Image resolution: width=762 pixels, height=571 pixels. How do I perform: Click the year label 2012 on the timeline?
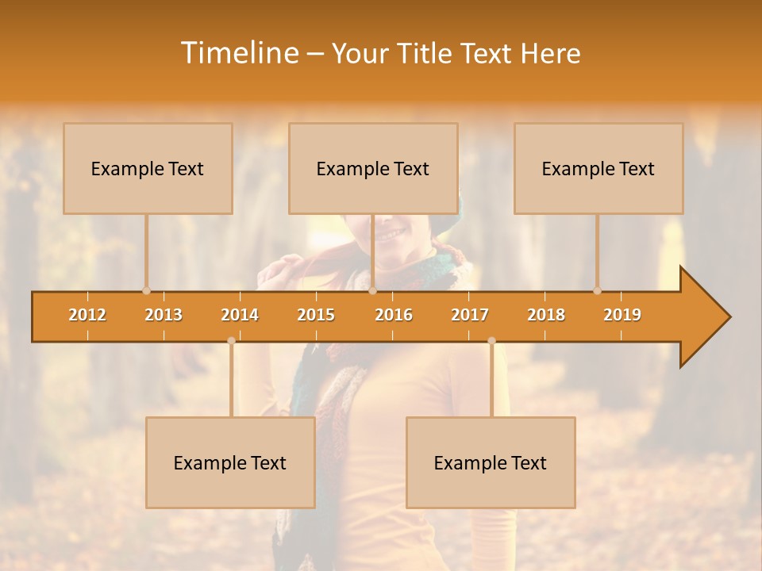87,315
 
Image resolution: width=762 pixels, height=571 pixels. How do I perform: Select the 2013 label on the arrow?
164,315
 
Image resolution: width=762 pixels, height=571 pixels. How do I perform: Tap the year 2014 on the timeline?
240,315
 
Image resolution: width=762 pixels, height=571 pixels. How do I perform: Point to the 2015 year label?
316,315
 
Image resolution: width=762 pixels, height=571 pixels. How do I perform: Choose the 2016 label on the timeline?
394,315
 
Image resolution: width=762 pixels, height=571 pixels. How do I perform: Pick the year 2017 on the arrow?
470,315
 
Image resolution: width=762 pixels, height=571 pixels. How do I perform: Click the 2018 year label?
546,315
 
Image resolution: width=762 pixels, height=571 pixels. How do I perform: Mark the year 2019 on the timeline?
622,315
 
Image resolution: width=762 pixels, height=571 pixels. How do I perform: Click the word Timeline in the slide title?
238,53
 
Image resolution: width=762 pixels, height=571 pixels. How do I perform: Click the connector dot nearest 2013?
146,290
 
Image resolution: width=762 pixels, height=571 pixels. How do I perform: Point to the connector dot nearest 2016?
372,290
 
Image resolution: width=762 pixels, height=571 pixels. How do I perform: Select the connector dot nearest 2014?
231,340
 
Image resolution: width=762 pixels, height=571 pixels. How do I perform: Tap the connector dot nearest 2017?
491,340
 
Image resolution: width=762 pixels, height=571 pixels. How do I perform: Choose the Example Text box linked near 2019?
598,168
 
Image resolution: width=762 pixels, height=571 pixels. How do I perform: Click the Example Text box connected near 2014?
230,462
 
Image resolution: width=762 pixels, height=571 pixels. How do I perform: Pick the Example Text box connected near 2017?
491,462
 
